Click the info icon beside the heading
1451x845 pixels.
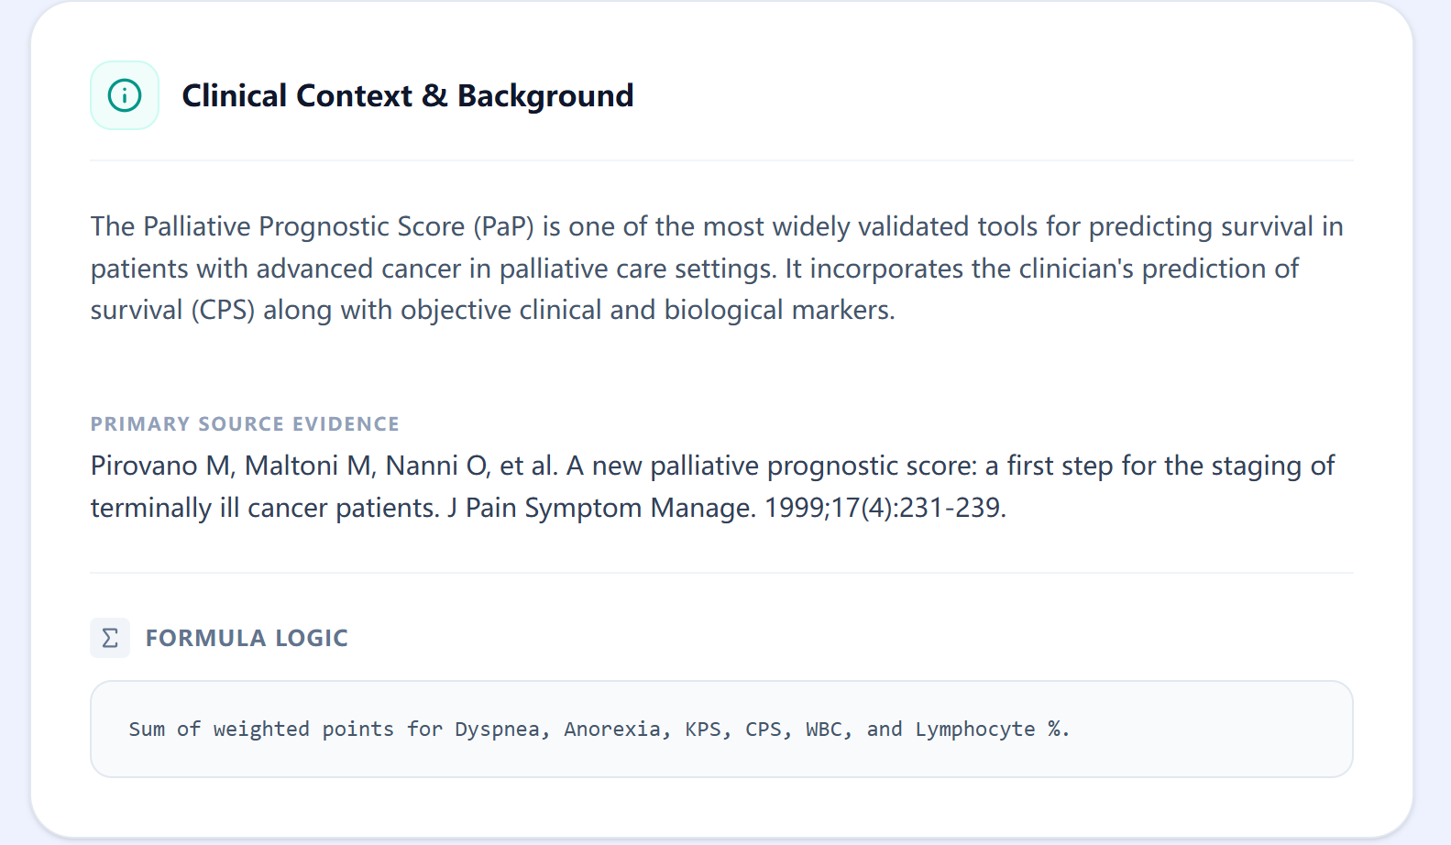click(125, 95)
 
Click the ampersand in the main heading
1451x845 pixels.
click(434, 96)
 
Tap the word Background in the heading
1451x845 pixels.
click(545, 96)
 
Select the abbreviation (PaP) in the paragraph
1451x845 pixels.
click(503, 226)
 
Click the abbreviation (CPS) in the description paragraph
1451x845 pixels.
click(223, 310)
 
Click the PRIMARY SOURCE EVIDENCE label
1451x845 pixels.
click(245, 424)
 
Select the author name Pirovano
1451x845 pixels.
click(144, 466)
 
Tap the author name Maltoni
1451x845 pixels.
click(291, 466)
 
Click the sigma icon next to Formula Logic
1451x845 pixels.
click(110, 638)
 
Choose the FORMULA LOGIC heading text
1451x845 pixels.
click(247, 638)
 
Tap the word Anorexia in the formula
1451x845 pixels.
click(612, 730)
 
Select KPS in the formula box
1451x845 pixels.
click(703, 730)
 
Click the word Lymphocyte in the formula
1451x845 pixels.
click(975, 730)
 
